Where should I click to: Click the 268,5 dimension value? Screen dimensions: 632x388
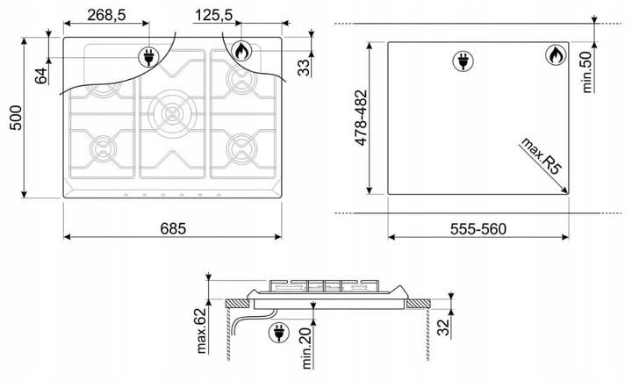coord(107,15)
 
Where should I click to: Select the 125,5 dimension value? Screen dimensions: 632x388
coord(214,15)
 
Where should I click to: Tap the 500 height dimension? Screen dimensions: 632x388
coord(16,118)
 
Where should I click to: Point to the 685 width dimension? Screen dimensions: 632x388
coord(173,228)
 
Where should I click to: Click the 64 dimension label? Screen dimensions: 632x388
coord(40,75)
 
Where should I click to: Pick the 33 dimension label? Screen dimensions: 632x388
coord(305,68)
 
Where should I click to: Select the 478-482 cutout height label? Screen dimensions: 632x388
coord(361,118)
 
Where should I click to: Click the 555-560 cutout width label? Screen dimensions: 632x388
coord(478,229)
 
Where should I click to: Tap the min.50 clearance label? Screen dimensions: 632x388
coord(587,72)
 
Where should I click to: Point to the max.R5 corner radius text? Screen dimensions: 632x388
coord(541,155)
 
